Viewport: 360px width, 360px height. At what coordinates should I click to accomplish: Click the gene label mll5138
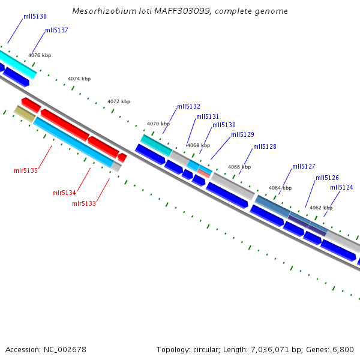click(35, 17)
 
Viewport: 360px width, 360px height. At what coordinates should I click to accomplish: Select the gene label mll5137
click(56, 30)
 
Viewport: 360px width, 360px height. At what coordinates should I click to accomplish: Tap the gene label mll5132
click(188, 106)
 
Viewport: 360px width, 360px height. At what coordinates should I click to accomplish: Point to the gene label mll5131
click(208, 116)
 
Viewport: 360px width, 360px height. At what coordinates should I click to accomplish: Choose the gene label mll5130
click(224, 125)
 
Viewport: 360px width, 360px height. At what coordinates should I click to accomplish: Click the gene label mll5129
click(242, 134)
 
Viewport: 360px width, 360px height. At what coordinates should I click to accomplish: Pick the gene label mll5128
click(265, 146)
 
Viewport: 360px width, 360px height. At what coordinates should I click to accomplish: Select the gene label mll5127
click(304, 166)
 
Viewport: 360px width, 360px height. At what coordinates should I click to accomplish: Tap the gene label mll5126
click(327, 178)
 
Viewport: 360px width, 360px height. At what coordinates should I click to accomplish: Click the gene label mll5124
click(341, 187)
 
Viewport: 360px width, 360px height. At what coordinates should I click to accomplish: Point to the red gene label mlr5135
click(26, 171)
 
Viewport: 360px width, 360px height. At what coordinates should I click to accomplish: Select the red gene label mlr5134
click(64, 193)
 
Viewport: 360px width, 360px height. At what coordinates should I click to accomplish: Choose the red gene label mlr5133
click(84, 203)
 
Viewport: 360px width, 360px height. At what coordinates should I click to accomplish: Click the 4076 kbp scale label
click(40, 55)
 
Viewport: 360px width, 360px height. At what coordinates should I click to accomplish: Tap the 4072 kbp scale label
click(119, 101)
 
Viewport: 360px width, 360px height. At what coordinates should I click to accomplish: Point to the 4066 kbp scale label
click(239, 167)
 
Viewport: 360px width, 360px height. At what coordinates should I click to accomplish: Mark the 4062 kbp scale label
click(321, 208)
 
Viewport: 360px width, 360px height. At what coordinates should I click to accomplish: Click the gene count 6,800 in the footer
click(342, 349)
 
